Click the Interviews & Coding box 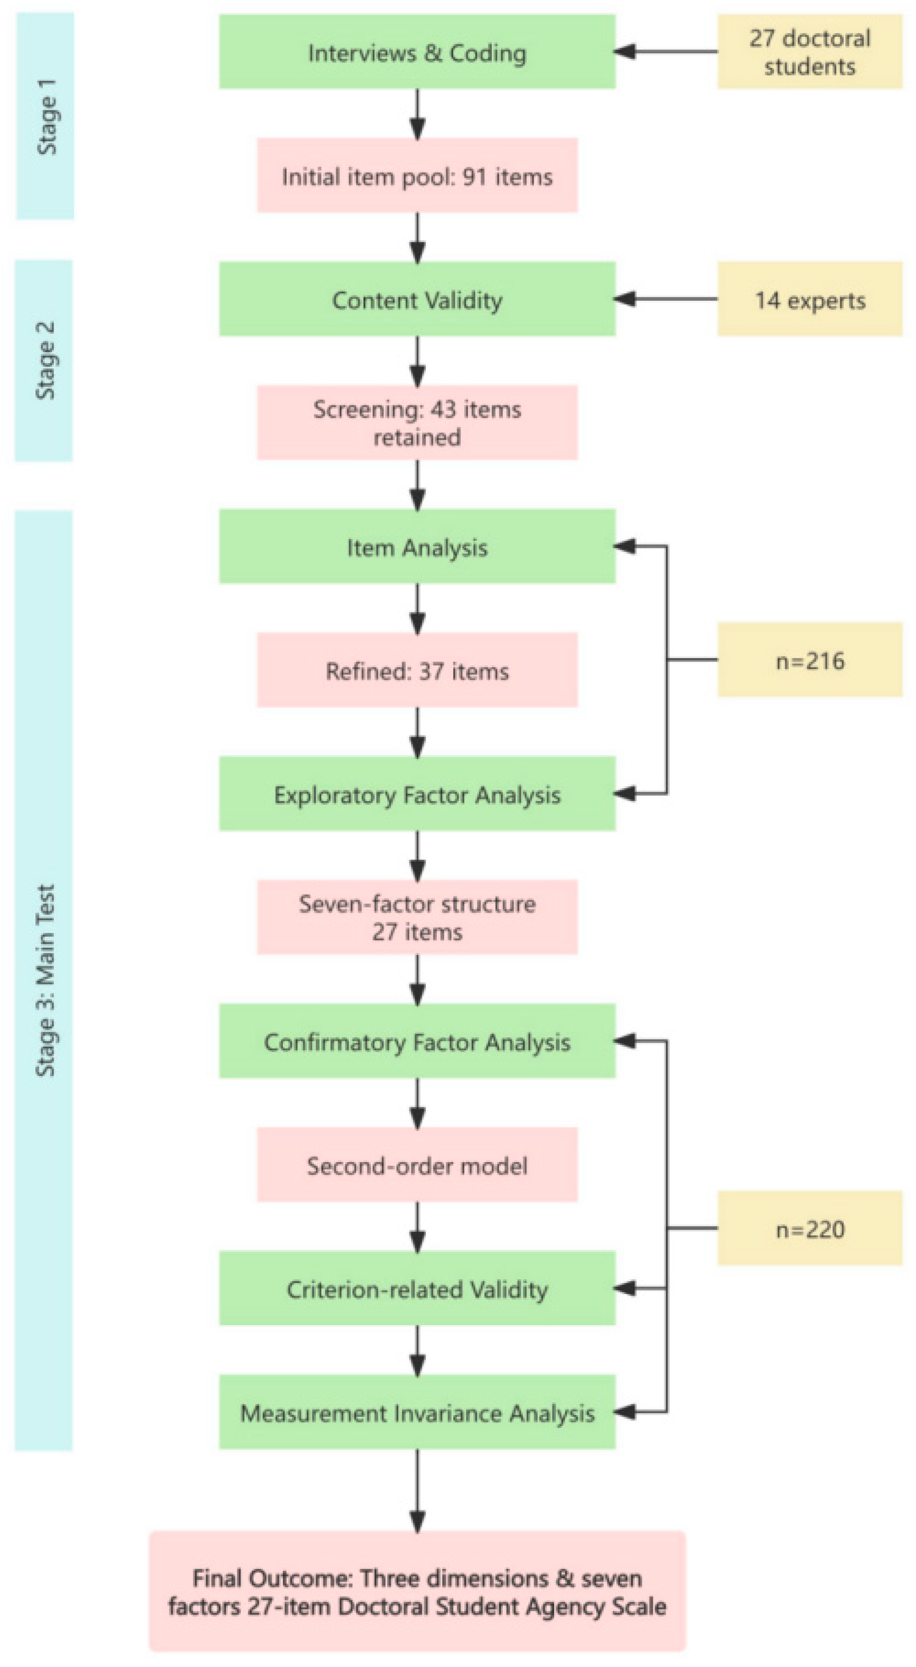point(417,52)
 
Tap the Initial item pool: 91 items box point(417,175)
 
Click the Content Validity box point(417,299)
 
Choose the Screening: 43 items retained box point(417,422)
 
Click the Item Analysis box point(417,546)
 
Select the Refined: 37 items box point(417,670)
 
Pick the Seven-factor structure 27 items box point(417,917)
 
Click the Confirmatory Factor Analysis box point(417,1041)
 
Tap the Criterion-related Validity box point(417,1288)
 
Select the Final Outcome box point(417,1592)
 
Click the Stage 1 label point(45,117)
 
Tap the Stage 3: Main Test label point(44,980)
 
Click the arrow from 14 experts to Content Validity point(666,299)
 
